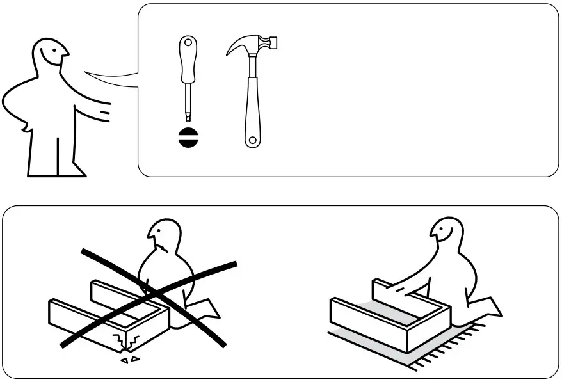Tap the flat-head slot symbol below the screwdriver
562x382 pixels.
click(x=188, y=138)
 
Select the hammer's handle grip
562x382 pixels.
click(x=252, y=109)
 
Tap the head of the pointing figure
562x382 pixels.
click(x=51, y=55)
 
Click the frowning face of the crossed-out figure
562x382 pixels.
click(x=163, y=239)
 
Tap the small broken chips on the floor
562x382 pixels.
click(x=131, y=360)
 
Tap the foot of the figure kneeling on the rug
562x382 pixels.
click(x=493, y=307)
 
